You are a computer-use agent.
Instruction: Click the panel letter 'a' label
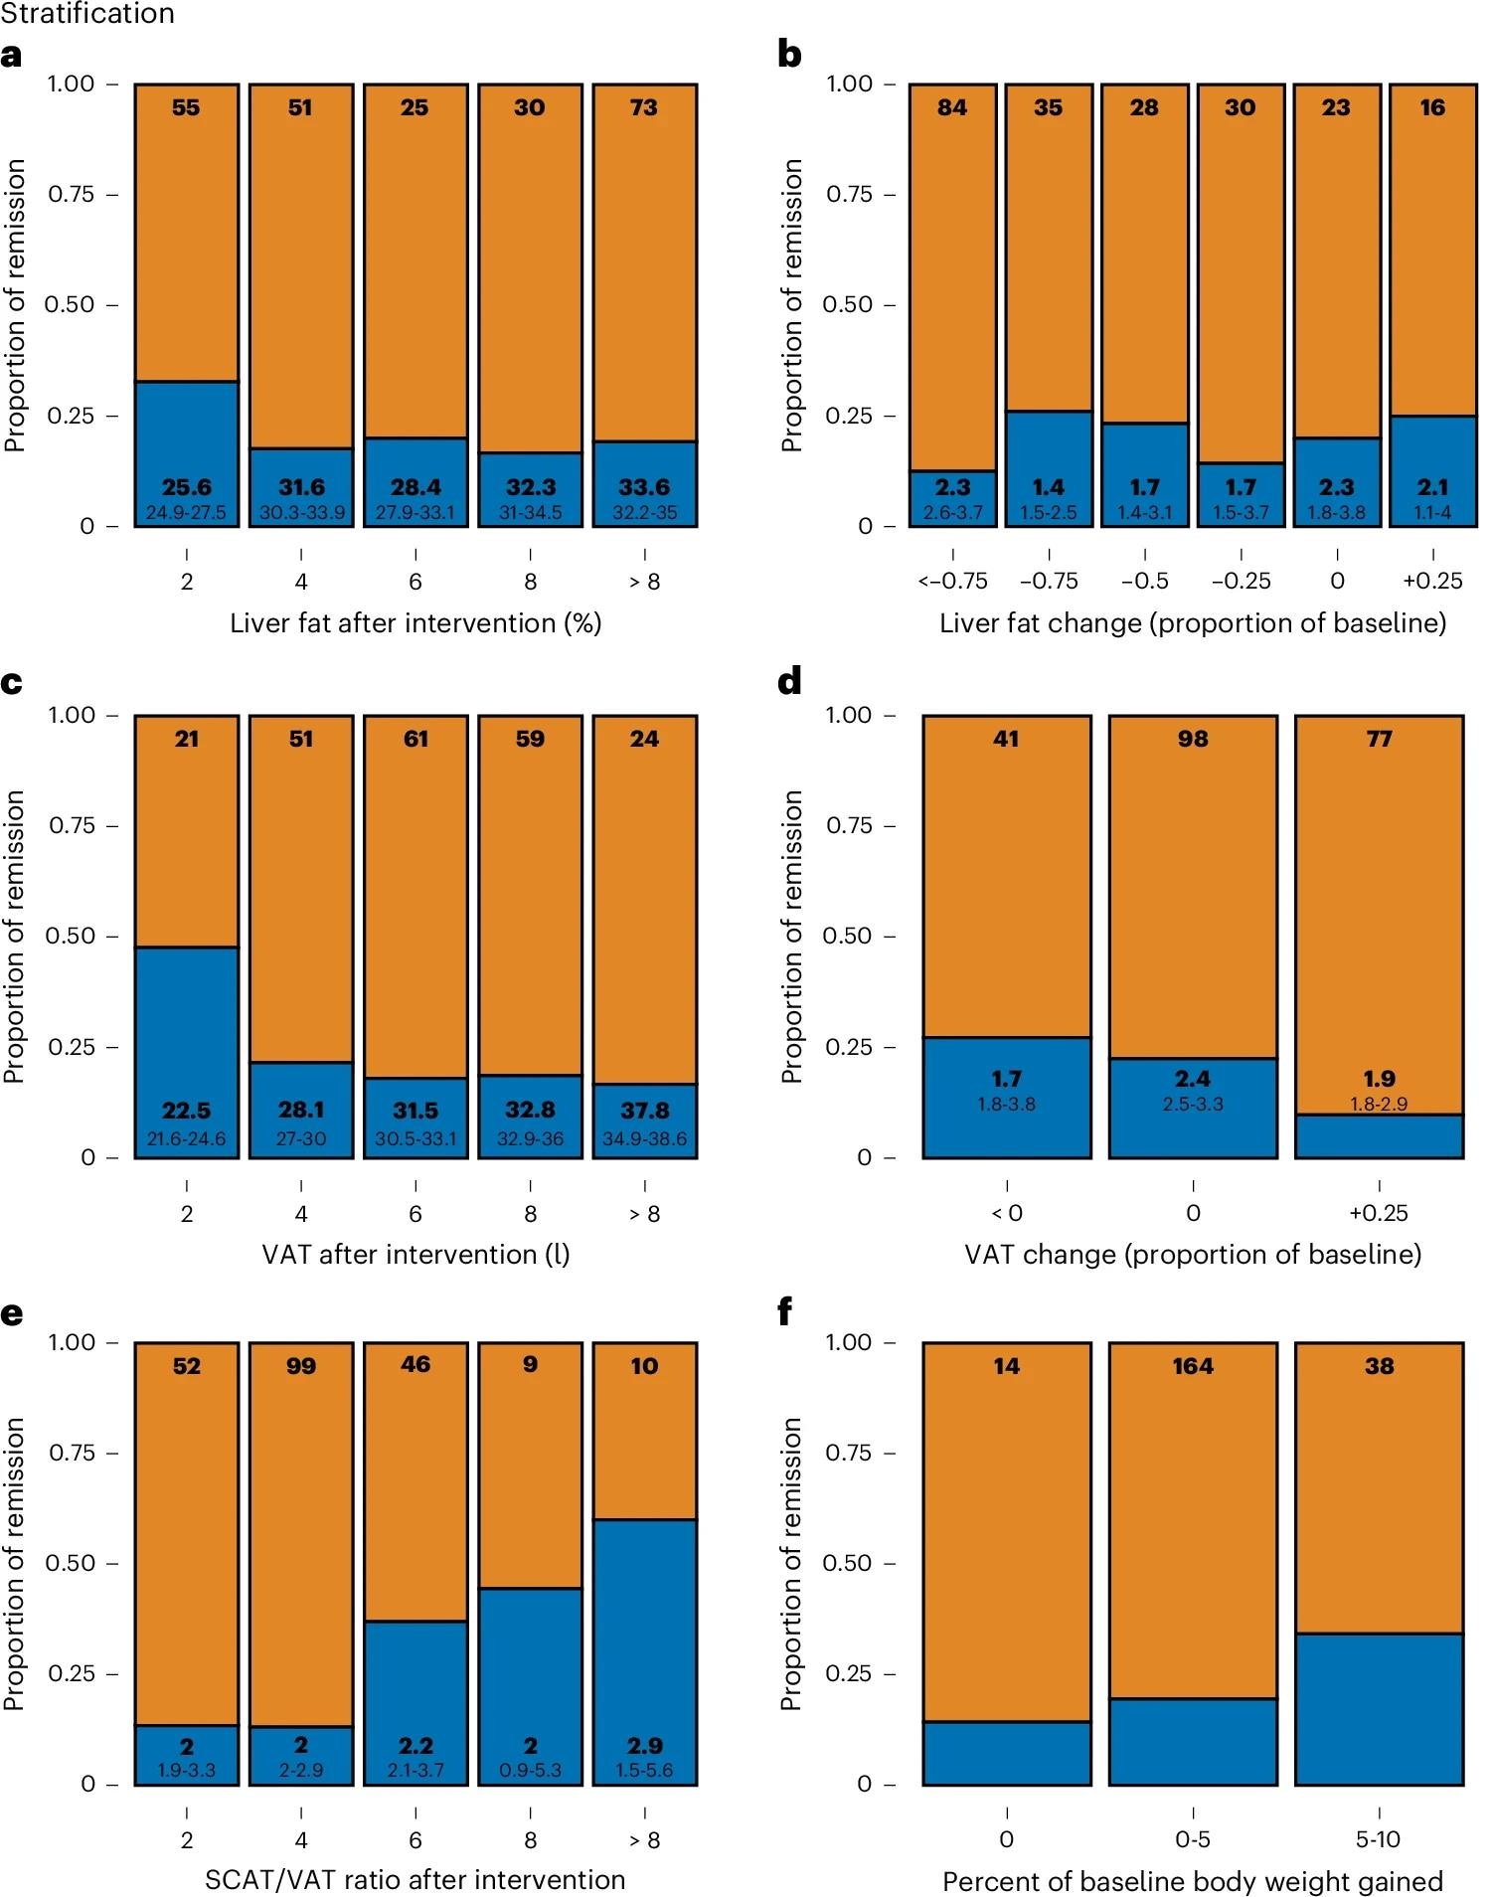[11, 56]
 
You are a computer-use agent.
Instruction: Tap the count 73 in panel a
[644, 107]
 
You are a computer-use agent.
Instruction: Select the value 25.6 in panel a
[187, 487]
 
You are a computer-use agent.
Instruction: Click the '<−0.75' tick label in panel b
[952, 582]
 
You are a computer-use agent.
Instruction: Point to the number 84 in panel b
[952, 107]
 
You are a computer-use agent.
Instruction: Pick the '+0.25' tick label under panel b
[1432, 582]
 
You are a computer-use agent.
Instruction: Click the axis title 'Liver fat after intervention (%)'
[415, 623]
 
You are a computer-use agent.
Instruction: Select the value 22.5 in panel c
[187, 1111]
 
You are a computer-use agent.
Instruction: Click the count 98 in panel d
[1193, 739]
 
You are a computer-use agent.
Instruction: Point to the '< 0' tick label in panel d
[1006, 1213]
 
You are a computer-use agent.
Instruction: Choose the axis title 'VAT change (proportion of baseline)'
[1193, 1255]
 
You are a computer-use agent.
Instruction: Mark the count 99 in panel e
[301, 1366]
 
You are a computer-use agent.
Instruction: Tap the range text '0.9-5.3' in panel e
[530, 1770]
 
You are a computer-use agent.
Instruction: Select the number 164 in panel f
[1193, 1366]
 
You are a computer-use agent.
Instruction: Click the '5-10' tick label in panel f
[1379, 1840]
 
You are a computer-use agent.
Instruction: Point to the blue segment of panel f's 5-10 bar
[1379, 1710]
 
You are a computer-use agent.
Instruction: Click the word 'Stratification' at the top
[87, 14]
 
